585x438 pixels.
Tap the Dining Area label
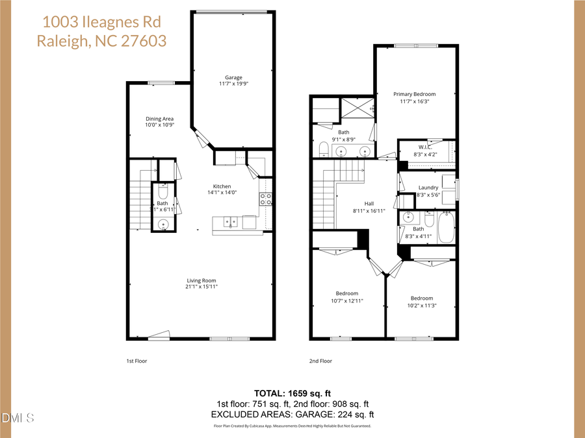pos(159,119)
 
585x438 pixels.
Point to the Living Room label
pos(200,280)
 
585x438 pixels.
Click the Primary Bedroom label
pos(414,94)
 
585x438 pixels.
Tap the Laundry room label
pos(428,188)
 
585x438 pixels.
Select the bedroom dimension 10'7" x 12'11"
pos(346,301)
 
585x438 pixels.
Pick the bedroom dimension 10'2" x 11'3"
pos(421,306)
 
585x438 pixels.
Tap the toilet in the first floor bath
pos(162,193)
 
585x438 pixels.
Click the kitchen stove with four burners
pos(265,199)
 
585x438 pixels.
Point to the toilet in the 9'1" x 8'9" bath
pos(323,151)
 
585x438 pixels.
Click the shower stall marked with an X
pos(356,107)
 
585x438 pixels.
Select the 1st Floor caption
pos(137,361)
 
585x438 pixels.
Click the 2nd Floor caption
pos(320,361)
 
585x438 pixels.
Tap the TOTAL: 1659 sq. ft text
pos(292,393)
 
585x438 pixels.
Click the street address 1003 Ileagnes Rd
pos(101,21)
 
